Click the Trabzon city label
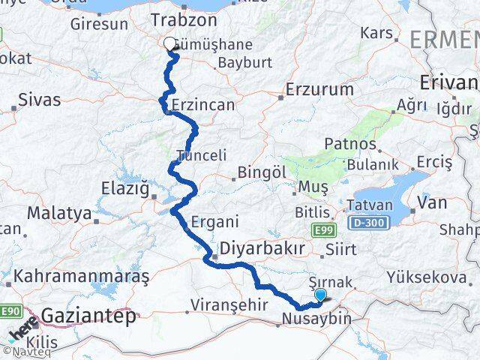click(184, 20)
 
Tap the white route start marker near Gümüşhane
click(169, 44)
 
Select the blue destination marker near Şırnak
click(321, 295)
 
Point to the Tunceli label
click(200, 155)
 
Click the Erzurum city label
click(319, 90)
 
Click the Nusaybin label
click(316, 319)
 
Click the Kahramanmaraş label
click(75, 275)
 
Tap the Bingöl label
click(262, 172)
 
